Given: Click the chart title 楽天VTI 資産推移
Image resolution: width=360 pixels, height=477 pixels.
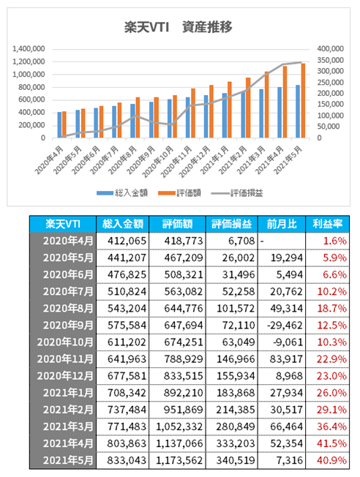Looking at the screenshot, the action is click(x=178, y=27).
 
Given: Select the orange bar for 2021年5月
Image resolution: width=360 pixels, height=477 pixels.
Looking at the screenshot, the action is click(x=303, y=101).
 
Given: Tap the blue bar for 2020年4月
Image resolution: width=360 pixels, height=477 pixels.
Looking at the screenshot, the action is click(x=60, y=125).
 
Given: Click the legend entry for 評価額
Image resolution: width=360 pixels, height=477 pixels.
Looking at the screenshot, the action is click(x=179, y=193).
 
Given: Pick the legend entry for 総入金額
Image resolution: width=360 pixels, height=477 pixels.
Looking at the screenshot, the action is click(x=122, y=193).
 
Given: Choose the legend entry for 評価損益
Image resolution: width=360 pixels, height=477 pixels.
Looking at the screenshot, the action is click(x=237, y=193).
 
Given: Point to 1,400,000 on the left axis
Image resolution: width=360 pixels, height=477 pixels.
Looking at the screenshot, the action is click(x=29, y=49).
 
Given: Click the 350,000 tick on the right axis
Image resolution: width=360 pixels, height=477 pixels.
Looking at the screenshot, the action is click(x=330, y=60).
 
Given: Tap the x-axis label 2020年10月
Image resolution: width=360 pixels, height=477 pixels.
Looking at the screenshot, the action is click(x=158, y=162).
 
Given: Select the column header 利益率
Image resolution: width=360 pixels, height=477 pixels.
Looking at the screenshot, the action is click(x=327, y=224).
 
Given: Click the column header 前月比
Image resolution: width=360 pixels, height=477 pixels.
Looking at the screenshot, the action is click(x=282, y=224).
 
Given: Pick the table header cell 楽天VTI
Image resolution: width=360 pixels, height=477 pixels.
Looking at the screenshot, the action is click(x=63, y=224).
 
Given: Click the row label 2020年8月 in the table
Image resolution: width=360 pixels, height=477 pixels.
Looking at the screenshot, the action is click(x=63, y=309).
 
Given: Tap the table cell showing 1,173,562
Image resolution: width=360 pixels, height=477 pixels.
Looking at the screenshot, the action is click(x=177, y=460).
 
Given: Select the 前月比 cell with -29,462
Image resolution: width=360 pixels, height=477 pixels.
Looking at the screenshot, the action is click(x=282, y=326).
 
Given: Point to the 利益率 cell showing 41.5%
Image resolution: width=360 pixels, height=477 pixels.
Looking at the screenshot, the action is click(x=327, y=443).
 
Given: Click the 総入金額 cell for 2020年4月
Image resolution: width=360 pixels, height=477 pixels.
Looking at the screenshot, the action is click(x=122, y=241).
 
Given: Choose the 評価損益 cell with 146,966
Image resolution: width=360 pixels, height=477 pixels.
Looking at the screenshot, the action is click(x=231, y=359).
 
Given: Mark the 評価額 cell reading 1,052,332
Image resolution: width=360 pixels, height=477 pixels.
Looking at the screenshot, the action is click(x=177, y=427).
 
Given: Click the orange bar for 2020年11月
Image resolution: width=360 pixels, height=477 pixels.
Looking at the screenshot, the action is click(x=193, y=113).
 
